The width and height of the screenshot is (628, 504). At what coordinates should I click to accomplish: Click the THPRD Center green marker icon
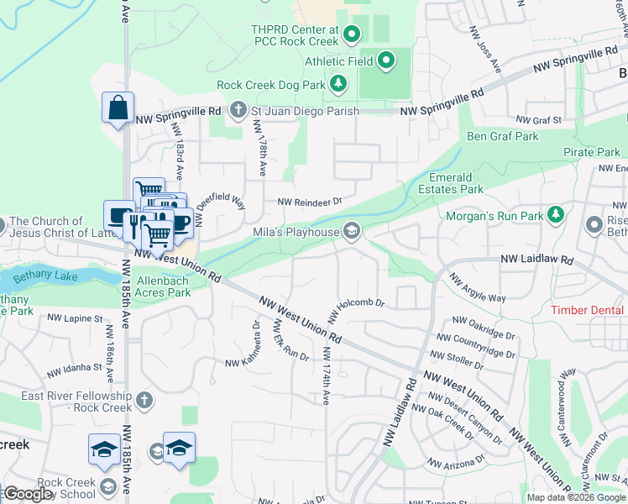pyautogui.click(x=352, y=34)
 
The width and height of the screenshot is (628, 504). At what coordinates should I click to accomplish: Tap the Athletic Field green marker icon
pyautogui.click(x=386, y=60)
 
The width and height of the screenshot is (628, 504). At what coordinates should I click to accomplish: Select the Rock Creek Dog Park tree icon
pyautogui.click(x=338, y=84)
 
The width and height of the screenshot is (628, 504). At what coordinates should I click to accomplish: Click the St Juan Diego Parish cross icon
pyautogui.click(x=238, y=110)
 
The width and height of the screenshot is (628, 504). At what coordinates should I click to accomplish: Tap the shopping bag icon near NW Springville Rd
pyautogui.click(x=118, y=108)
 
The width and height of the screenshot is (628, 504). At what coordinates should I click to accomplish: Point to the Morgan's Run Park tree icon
pyautogui.click(x=555, y=216)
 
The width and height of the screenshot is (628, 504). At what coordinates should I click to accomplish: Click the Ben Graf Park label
pyautogui.click(x=503, y=136)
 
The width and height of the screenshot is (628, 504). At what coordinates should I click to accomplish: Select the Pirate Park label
pyautogui.click(x=591, y=152)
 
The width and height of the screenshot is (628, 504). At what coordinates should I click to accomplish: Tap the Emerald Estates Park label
pyautogui.click(x=456, y=183)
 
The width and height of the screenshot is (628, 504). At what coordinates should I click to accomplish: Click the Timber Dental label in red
pyautogui.click(x=589, y=310)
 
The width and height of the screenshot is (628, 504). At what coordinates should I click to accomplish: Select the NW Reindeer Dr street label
pyautogui.click(x=310, y=202)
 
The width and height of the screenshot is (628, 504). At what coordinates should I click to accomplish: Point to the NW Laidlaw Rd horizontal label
pyautogui.click(x=536, y=260)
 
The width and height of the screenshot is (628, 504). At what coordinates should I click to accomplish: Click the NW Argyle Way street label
pyautogui.click(x=476, y=287)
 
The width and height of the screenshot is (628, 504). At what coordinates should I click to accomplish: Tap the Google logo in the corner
pyautogui.click(x=28, y=493)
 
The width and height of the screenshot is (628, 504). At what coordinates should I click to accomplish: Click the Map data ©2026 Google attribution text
pyautogui.click(x=575, y=497)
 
